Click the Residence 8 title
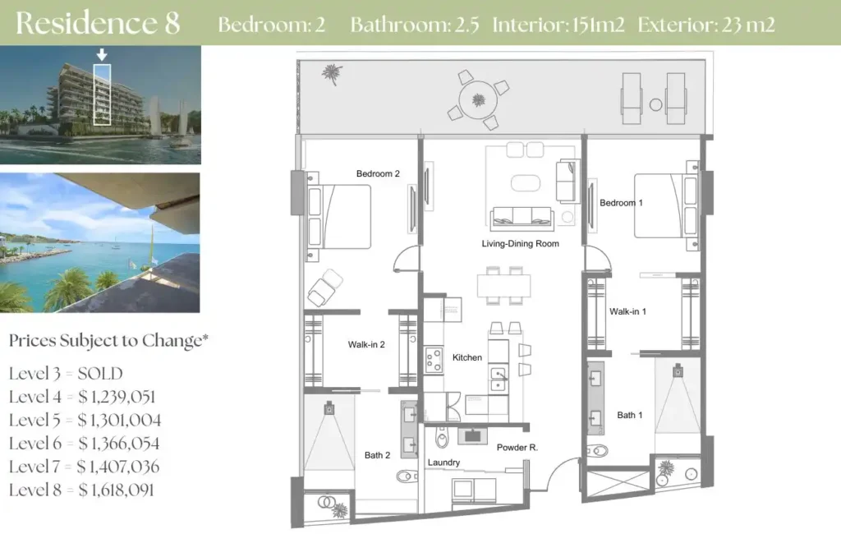pyautogui.click(x=98, y=23)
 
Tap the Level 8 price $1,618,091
pyautogui.click(x=116, y=490)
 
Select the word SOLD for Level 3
pyautogui.click(x=100, y=374)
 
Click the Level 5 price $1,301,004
pyautogui.click(x=119, y=420)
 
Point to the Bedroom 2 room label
pyautogui.click(x=378, y=174)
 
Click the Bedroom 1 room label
pyautogui.click(x=621, y=203)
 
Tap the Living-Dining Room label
pyautogui.click(x=520, y=244)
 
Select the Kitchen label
pyautogui.click(x=467, y=357)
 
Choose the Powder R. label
pyautogui.click(x=517, y=447)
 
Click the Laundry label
pyautogui.click(x=443, y=463)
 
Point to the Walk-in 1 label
pyautogui.click(x=627, y=311)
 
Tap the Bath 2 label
pyautogui.click(x=377, y=455)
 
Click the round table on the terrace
pyautogui.click(x=479, y=100)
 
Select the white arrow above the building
pyautogui.click(x=101, y=54)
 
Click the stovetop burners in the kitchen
pyautogui.click(x=434, y=360)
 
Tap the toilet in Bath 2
pyautogui.click(x=407, y=476)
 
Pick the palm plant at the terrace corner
pyautogui.click(x=333, y=74)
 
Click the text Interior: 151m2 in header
pyautogui.click(x=558, y=25)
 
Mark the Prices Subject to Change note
pyautogui.click(x=109, y=341)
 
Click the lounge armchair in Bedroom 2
pyautogui.click(x=325, y=288)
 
